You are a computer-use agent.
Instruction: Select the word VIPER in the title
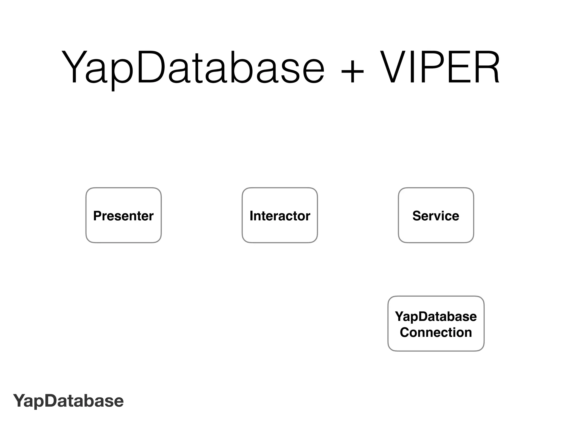(x=440, y=67)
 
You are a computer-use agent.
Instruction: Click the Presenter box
(x=123, y=215)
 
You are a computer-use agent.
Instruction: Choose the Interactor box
(x=280, y=215)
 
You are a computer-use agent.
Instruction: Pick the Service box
(x=436, y=215)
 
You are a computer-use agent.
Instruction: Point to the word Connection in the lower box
(x=436, y=332)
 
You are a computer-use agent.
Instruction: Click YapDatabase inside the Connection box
(x=436, y=316)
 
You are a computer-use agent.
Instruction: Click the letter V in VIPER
(x=394, y=67)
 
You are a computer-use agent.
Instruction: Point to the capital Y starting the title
(x=73, y=67)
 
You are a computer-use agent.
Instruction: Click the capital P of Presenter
(x=97, y=216)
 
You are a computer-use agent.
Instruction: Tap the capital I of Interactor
(x=251, y=216)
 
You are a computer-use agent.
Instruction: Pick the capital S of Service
(x=417, y=216)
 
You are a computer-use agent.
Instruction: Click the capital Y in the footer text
(x=19, y=401)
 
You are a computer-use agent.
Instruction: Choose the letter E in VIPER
(x=455, y=67)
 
